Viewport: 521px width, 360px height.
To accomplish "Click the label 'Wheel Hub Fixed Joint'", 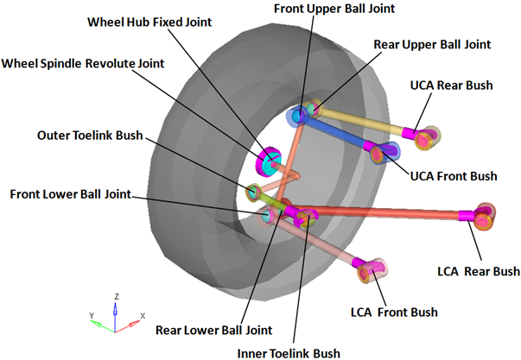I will (153, 21).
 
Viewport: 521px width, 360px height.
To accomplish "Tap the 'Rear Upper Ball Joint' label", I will (432, 43).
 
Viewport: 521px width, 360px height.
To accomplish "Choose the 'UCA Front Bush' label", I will (452, 176).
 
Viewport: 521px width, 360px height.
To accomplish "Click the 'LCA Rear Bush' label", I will (478, 271).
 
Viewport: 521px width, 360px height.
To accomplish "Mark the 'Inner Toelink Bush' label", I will (289, 351).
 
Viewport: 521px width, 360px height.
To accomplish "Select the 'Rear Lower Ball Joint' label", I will (214, 329).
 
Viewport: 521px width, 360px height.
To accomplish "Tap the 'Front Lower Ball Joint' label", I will (71, 193).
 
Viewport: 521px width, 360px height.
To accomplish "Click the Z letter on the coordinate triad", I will (117, 295).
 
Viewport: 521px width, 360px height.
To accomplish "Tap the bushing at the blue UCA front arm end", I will (380, 153).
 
